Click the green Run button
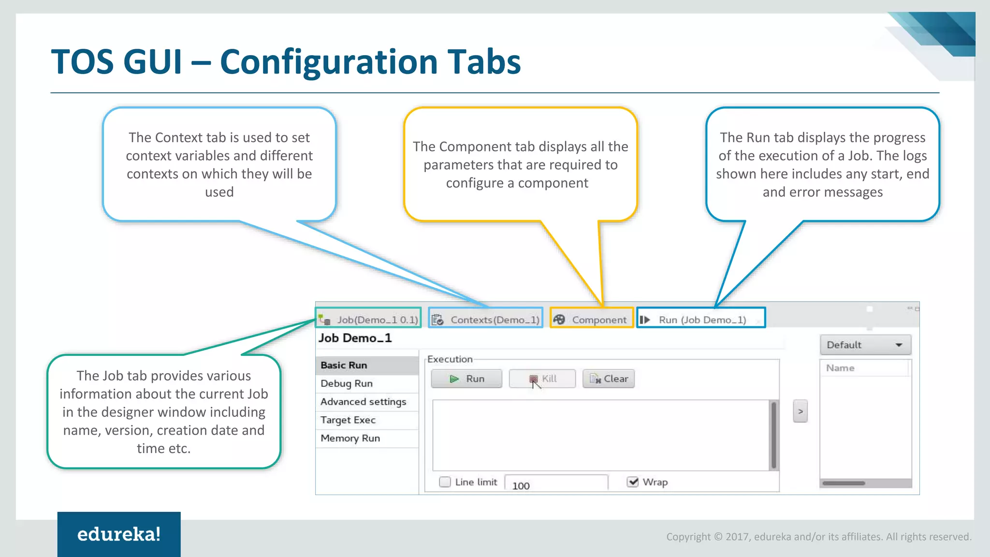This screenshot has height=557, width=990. click(466, 379)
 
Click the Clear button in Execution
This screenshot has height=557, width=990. click(609, 379)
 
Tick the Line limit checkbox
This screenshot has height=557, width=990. click(445, 482)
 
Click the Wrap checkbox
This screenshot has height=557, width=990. click(632, 482)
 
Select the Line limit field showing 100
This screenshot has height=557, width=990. click(556, 484)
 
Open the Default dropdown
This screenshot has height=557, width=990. click(865, 345)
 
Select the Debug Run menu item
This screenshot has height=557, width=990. click(347, 383)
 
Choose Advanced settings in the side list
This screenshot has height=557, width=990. click(363, 402)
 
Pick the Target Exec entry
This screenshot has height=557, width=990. click(348, 420)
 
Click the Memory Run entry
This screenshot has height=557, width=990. click(350, 439)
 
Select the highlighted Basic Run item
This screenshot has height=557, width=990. click(344, 365)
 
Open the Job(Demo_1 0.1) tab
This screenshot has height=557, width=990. click(369, 320)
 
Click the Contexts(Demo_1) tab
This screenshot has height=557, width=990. click(486, 320)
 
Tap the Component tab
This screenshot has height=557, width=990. click(592, 320)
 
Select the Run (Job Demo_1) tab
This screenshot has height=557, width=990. click(701, 320)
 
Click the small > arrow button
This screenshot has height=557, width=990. click(800, 411)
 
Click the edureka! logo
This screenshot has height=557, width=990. click(119, 534)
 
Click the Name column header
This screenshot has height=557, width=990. click(840, 368)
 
